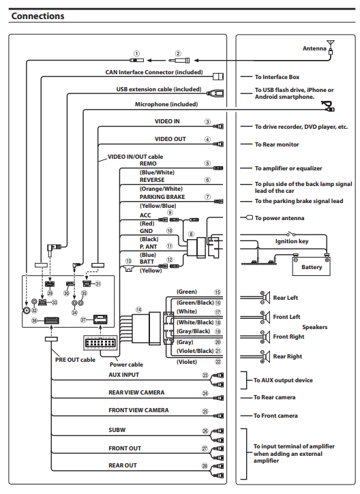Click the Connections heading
pos(37,16)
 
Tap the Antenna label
pos(314,48)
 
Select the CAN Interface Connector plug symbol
pos(218,76)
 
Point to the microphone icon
pos(328,106)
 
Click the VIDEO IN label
pos(167,121)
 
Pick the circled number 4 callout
pos(207,139)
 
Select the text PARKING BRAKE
pos(162,197)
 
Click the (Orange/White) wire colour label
pos(161,189)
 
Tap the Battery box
pos(311,266)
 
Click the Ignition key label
pos(292,241)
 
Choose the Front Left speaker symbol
pos(265,317)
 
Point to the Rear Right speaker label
pos(288,356)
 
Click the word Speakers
pos(314,327)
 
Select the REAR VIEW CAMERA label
pos(136,392)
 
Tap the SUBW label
pos(117,430)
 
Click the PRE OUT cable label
pos(75,360)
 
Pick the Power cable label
pos(126,365)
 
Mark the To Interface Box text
pos(277,77)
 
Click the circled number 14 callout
pos(138,310)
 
